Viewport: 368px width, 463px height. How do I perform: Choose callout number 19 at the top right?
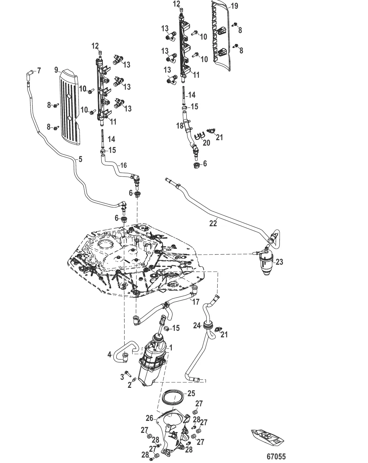[234, 6]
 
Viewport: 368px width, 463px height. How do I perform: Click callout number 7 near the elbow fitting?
[39, 70]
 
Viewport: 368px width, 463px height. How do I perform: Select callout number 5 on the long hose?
[80, 159]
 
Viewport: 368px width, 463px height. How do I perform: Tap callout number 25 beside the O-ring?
[191, 394]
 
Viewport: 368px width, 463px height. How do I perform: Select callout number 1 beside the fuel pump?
[171, 348]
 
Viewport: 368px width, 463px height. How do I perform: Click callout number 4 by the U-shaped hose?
[109, 354]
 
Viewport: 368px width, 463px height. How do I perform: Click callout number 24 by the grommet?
[197, 326]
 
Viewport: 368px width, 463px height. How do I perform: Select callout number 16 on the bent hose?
[124, 166]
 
